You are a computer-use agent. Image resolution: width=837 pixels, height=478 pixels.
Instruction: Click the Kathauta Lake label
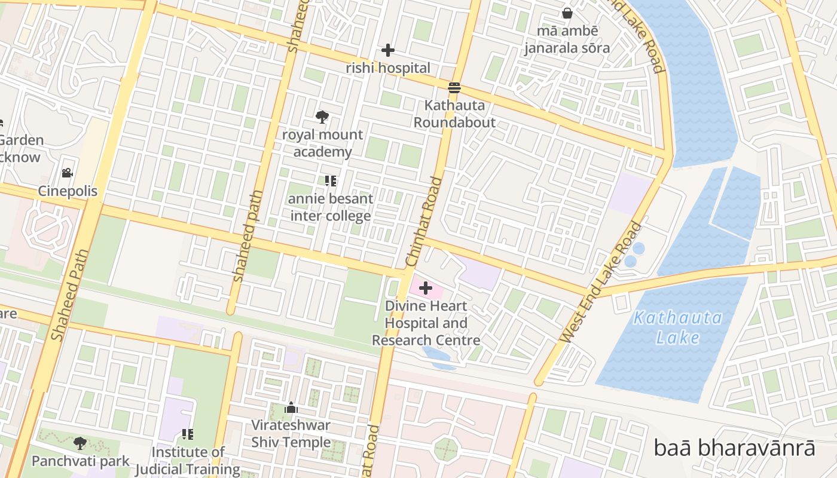[677, 327]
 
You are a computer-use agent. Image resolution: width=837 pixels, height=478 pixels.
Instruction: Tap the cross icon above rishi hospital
[388, 50]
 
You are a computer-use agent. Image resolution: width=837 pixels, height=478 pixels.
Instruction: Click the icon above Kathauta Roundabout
[454, 88]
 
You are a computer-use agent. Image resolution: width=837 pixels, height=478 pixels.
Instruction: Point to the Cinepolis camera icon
[67, 173]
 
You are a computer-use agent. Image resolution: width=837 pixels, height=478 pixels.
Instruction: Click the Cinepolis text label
[68, 191]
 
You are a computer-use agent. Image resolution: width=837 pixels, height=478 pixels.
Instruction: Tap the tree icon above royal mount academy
[322, 117]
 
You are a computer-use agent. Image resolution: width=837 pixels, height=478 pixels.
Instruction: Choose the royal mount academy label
[322, 143]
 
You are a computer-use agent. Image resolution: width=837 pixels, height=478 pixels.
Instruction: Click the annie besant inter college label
[331, 207]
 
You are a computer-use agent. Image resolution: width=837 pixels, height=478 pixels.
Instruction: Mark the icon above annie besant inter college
[331, 180]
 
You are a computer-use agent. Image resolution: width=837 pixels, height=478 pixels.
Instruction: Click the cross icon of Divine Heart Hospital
[426, 289]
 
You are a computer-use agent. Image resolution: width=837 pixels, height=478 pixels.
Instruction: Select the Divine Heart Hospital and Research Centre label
[426, 323]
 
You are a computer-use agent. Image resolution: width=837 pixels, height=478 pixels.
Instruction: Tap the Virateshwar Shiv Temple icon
[291, 408]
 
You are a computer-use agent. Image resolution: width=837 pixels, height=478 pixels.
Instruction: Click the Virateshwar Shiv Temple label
[291, 434]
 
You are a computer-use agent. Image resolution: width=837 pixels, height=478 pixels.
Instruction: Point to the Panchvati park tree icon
[80, 443]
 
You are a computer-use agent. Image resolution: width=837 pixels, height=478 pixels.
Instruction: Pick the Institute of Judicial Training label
[188, 460]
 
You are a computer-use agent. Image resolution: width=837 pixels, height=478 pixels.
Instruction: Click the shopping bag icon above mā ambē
[567, 13]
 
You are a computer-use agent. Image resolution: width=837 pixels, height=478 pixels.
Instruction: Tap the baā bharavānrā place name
[734, 448]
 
